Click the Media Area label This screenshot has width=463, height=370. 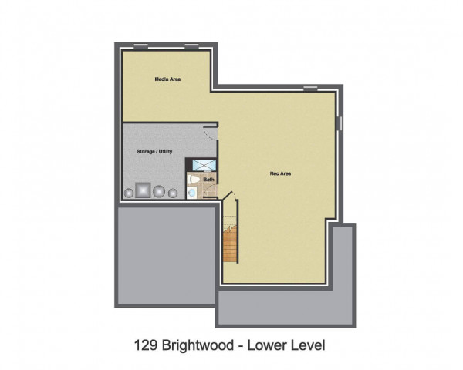[167, 79]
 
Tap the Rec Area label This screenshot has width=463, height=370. [280, 173]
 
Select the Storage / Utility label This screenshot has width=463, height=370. [154, 152]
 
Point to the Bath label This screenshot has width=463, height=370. [209, 180]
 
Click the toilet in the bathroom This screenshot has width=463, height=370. [194, 180]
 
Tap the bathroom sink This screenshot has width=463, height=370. [191, 193]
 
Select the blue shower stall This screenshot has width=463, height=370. [204, 166]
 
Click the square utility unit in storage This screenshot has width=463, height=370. [143, 190]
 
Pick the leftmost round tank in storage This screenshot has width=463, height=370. [129, 193]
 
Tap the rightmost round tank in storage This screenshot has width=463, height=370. [173, 193]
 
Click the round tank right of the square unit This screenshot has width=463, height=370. [159, 191]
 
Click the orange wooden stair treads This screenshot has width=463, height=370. [230, 244]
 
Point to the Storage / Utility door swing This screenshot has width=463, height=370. [211, 133]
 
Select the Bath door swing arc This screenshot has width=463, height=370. [211, 191]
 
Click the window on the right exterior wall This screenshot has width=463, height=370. [340, 123]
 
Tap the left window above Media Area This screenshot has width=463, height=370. [141, 45]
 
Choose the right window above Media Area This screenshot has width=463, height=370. [191, 45]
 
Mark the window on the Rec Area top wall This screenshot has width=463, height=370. [311, 88]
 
